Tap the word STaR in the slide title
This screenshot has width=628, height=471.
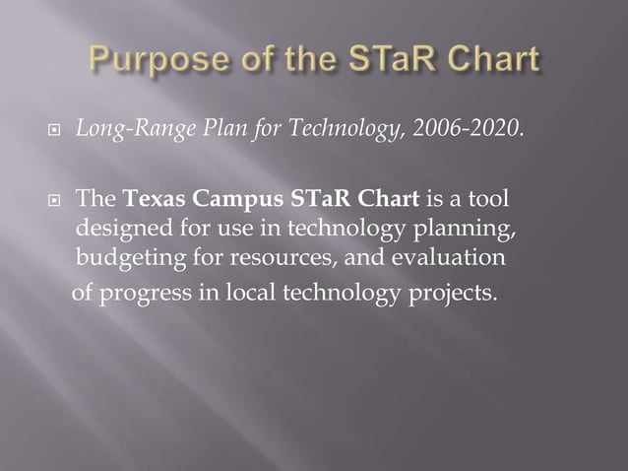[387, 61]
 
